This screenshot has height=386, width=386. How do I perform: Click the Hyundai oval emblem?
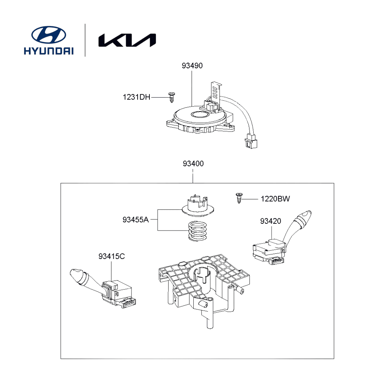tap(49, 35)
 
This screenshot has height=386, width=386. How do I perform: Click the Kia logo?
tap(127, 40)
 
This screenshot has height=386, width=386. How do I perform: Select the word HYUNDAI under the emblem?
tap(49, 51)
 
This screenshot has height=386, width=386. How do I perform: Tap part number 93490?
tap(192, 66)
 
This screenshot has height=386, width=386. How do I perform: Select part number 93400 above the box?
tap(193, 164)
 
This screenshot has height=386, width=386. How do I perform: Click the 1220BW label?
tap(275, 199)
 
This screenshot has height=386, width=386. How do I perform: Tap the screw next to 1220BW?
tap(239, 198)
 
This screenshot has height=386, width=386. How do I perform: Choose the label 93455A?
tap(135, 219)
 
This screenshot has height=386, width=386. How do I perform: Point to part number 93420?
tap(271, 221)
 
